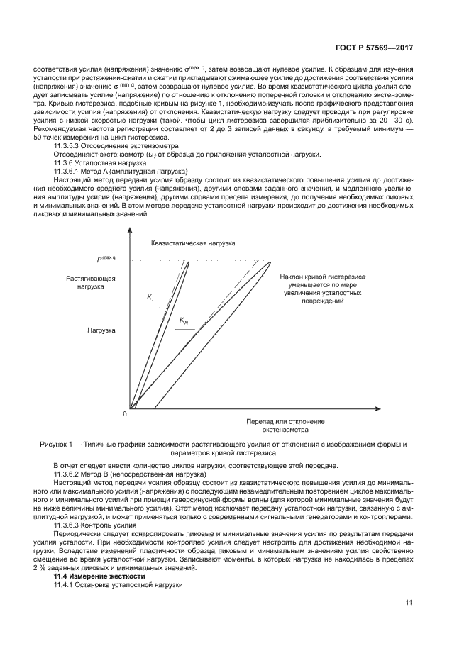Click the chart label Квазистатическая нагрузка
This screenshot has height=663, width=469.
(192, 243)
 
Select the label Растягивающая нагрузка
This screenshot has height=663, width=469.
(91, 282)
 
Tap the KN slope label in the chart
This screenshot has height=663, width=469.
(184, 321)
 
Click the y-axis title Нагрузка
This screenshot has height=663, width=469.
(101, 330)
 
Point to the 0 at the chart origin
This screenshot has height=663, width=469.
(124, 413)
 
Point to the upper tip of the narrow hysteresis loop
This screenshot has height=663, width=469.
(189, 262)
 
